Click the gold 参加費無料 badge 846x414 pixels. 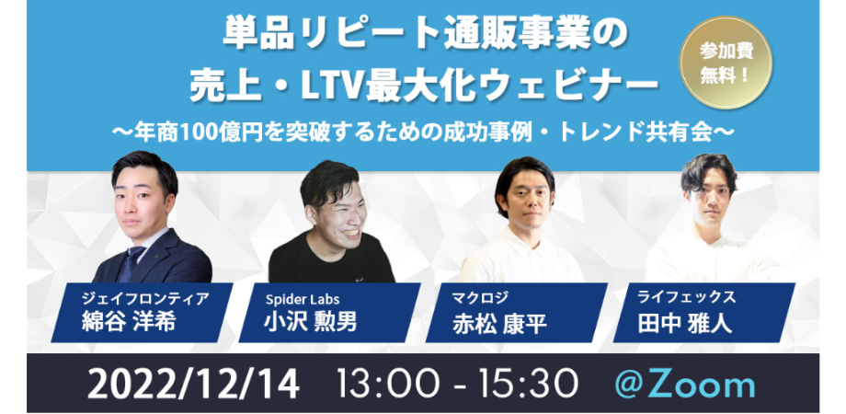pyautogui.click(x=726, y=63)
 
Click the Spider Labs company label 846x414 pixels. pyautogui.click(x=302, y=298)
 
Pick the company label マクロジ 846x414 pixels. pyautogui.click(x=474, y=298)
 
